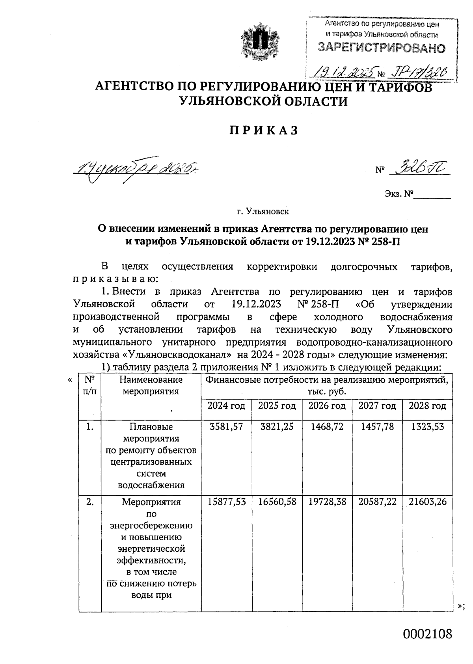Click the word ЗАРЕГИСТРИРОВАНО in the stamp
point(382,48)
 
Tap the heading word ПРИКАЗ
point(264,130)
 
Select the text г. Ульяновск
point(263,212)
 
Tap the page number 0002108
point(427,634)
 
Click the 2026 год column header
point(327,406)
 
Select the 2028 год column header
point(427,406)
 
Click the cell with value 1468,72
point(327,427)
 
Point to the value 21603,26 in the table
point(427,502)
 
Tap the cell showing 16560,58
point(277,502)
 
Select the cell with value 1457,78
point(377,427)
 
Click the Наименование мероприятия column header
point(151,385)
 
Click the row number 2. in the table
point(90,502)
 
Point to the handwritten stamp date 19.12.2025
point(343,71)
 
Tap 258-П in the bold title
point(386,241)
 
